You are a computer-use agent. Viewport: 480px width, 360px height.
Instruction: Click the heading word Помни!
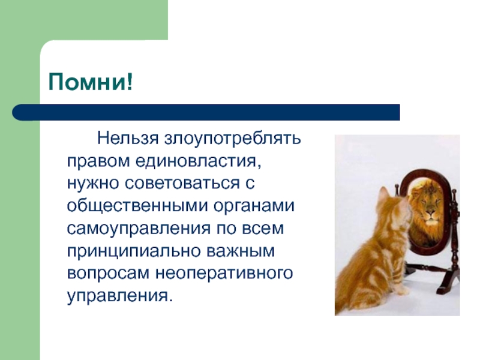[91, 82]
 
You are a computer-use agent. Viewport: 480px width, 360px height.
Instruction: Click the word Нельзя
[128, 139]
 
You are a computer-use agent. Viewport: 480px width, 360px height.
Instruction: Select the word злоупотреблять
[233, 139]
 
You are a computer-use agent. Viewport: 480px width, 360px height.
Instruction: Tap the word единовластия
[199, 161]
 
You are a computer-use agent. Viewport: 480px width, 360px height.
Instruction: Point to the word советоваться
[182, 184]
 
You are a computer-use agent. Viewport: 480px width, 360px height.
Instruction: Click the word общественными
[137, 206]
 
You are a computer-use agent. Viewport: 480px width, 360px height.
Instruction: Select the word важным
[241, 251]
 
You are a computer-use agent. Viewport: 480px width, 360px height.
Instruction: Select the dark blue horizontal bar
[206, 112]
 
